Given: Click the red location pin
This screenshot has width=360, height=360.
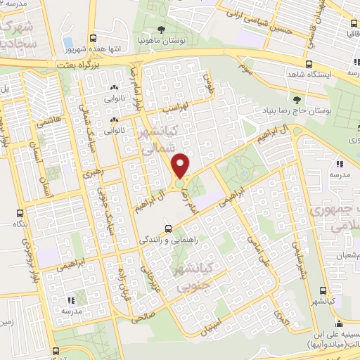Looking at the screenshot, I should coord(181,165).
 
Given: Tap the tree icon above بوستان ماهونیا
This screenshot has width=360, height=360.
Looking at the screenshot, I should coord(162,29).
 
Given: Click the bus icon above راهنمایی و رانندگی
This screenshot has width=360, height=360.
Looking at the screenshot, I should coord(167,229).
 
